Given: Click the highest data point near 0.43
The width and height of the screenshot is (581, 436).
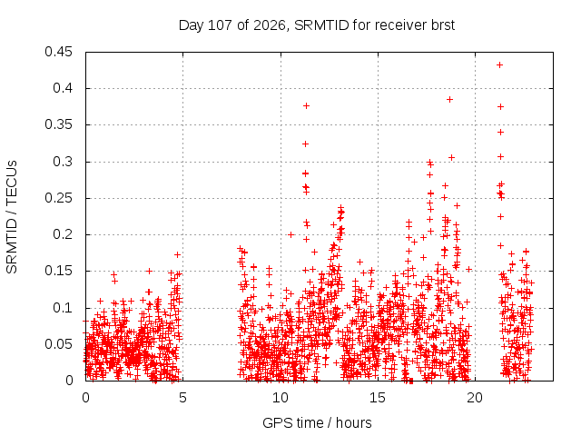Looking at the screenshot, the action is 499,65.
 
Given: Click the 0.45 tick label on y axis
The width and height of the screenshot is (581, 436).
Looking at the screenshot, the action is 58,52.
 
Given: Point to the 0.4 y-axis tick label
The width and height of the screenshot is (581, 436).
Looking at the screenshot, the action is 63,88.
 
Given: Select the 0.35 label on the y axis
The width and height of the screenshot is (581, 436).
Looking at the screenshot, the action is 58,125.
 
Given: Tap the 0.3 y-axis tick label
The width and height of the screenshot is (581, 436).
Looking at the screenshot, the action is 63,162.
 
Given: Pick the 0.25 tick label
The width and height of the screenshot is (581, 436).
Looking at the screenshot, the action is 58,198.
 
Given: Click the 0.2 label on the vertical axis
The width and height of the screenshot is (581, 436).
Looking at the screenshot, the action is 63,234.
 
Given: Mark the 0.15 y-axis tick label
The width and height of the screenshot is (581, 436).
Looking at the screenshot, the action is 58,271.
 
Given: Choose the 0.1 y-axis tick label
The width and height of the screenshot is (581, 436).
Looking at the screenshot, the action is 63,308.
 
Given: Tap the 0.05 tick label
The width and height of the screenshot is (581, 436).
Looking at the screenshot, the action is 58,344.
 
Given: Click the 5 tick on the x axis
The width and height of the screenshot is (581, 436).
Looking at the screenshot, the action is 182,398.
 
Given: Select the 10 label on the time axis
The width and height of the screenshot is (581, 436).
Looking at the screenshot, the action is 281,398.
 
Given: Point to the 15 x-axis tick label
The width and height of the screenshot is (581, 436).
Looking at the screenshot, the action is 378,398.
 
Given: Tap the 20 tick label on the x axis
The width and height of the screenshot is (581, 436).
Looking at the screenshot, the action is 475,398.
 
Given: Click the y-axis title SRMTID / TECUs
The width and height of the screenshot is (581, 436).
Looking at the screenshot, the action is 12,217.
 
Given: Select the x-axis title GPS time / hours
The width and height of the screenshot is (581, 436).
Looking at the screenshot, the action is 317,423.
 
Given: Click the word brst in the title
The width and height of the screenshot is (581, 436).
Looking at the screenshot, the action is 443,25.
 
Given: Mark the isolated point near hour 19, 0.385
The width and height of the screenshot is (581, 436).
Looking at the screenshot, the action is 450,100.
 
